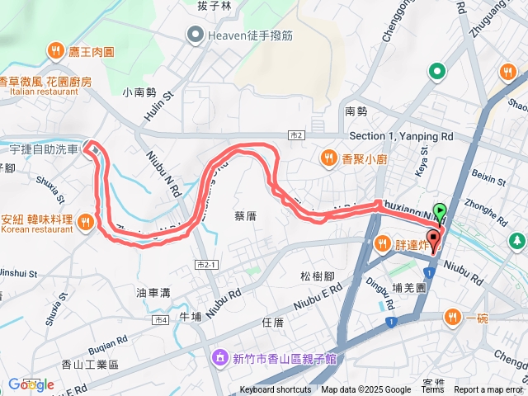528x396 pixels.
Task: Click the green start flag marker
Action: point(441,211)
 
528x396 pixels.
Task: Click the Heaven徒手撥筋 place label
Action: point(243,34)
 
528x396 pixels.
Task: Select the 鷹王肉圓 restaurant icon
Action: point(56,51)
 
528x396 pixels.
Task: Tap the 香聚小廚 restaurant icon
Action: point(328,158)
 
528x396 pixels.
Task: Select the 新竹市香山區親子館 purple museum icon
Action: point(220,358)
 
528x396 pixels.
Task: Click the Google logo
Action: point(31,384)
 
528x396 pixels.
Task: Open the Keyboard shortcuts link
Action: point(276,390)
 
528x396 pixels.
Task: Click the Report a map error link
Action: point(489,390)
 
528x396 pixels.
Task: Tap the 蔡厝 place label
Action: point(245,216)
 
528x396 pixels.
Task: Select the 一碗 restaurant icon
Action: point(452,317)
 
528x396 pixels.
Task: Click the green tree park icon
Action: point(517,241)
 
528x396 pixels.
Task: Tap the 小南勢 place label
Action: point(138,93)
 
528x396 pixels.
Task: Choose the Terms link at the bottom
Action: point(433,390)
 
